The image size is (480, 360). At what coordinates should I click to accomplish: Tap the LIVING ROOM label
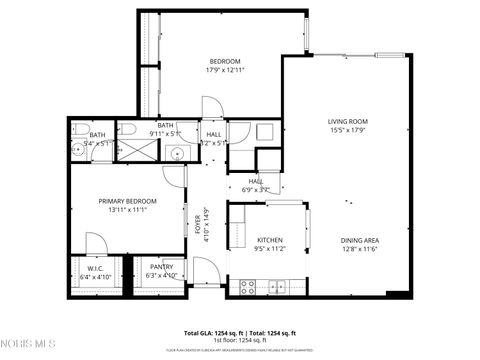click(x=348, y=122)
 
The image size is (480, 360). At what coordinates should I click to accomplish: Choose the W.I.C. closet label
click(x=96, y=267)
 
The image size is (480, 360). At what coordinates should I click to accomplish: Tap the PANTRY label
click(x=162, y=267)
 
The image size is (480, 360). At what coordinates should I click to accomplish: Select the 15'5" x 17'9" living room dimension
click(x=348, y=131)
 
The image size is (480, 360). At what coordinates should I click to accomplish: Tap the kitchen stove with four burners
click(x=248, y=288)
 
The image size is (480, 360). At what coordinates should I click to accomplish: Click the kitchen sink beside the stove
click(x=274, y=288)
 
